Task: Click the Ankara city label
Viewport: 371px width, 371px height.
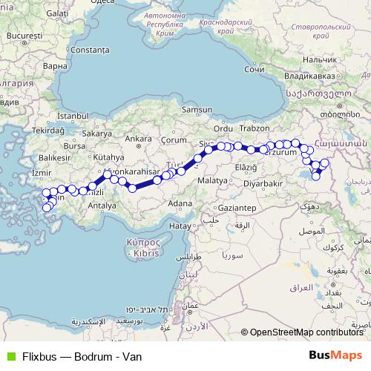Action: pos(139,139)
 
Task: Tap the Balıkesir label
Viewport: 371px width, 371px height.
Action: pos(54,158)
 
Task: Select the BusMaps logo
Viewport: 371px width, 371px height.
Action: pos(335,355)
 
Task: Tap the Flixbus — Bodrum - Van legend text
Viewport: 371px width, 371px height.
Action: pos(82,356)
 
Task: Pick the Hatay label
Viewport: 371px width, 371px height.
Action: pos(180,225)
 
